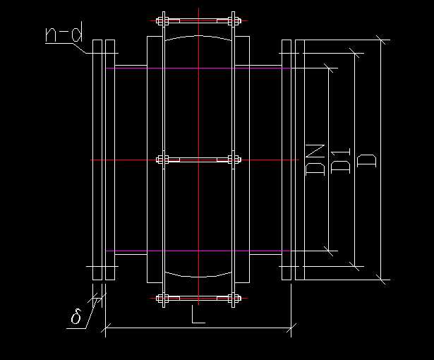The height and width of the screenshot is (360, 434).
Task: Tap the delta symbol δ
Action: point(76,317)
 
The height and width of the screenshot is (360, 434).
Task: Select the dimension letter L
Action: point(198,313)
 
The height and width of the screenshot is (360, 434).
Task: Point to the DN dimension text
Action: point(315,160)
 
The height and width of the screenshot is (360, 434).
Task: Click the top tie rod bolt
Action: point(198,19)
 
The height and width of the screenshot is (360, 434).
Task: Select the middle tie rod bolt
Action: point(198,160)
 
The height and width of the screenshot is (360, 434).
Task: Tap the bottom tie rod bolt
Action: point(198,301)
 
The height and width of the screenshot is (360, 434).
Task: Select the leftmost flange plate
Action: point(97,160)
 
